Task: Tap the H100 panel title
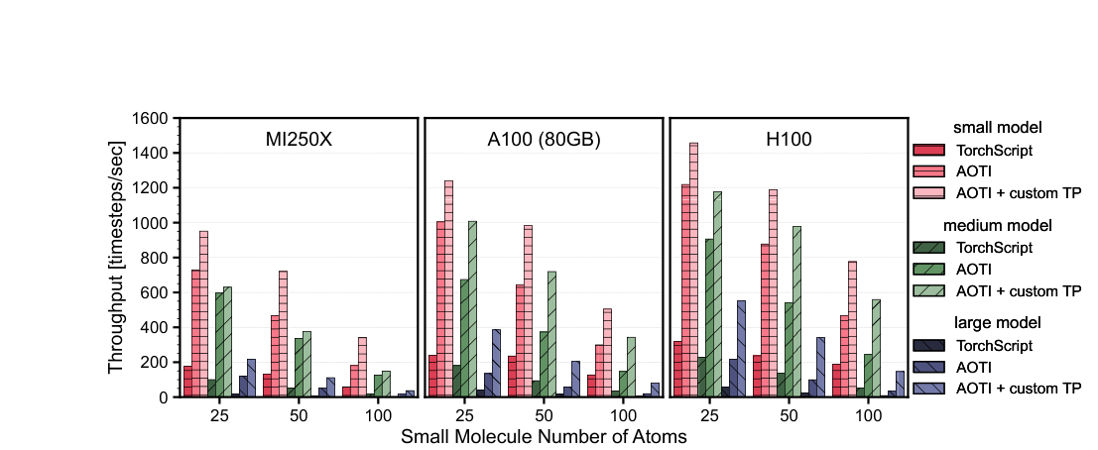[x=789, y=140]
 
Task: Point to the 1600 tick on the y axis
[x=151, y=119]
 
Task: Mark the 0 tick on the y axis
[x=164, y=397]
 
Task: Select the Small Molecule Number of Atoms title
[x=544, y=435]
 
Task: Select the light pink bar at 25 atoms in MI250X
[x=203, y=314]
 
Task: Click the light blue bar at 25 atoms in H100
[x=740, y=349]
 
